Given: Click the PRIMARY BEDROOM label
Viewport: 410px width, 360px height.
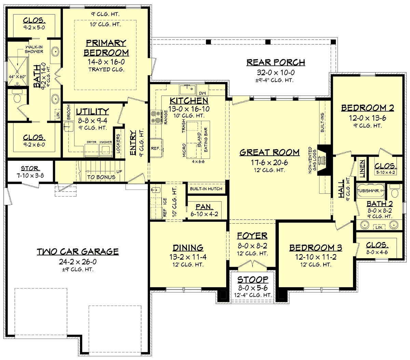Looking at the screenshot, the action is (106, 48).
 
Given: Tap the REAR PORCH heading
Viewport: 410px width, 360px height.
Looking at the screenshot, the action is (276, 62).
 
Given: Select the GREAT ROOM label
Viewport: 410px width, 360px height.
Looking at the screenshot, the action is (269, 152).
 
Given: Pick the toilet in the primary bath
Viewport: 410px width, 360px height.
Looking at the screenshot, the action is (17, 97).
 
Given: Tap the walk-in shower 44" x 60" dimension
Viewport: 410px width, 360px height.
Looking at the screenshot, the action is (17, 77).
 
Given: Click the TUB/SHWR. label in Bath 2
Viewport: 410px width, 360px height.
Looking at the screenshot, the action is (368, 191).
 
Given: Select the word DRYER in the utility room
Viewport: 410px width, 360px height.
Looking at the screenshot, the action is (92, 142).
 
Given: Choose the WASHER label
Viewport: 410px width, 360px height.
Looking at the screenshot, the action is (106, 142).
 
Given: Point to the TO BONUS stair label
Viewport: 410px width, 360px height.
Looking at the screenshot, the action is (101, 177).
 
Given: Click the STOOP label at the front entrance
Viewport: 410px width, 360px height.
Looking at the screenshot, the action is (253, 280).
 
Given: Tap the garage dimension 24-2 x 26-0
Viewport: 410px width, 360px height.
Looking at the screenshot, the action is (78, 262).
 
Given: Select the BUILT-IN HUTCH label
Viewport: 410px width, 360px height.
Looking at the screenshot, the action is (206, 189).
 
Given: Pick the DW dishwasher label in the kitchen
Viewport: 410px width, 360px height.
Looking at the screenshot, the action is (202, 93).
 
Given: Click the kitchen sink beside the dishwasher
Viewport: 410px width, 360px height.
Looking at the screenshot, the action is (187, 89).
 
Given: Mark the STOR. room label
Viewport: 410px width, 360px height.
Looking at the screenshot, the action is (30, 168).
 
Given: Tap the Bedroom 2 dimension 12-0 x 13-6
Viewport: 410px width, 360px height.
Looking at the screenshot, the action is (368, 118).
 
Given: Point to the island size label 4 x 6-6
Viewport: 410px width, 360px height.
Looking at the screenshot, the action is (198, 162).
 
